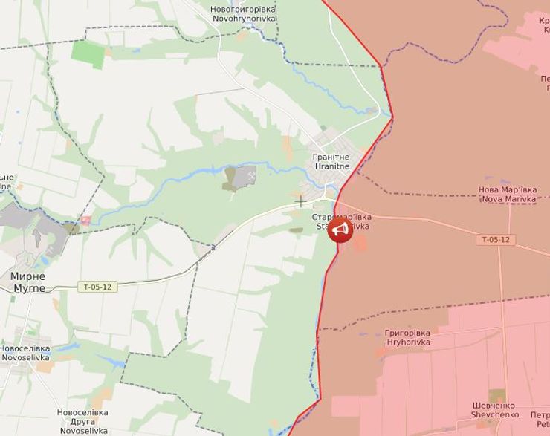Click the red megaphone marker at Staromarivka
[x=340, y=230]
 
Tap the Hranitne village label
[x=331, y=162]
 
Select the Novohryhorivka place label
[x=243, y=13]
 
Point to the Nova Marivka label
[x=508, y=194]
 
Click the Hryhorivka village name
[x=407, y=338]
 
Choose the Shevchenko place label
[x=495, y=410]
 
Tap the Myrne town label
[x=27, y=282]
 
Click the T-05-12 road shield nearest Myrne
[x=97, y=287]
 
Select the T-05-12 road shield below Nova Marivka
[x=496, y=240]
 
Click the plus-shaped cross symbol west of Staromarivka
[x=300, y=201]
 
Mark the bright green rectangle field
[x=88, y=53]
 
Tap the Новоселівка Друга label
[x=82, y=421]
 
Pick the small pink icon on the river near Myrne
[x=85, y=220]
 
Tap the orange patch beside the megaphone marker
[x=360, y=243]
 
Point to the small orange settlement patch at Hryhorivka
[x=381, y=352]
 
